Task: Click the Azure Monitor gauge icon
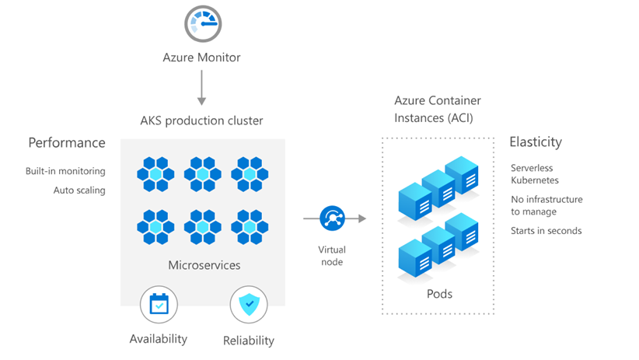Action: [202, 25]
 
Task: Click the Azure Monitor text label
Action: [201, 58]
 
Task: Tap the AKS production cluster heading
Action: [201, 121]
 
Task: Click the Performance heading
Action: [67, 143]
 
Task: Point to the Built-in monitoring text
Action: [65, 171]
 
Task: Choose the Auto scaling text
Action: [79, 190]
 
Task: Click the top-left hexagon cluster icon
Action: [155, 174]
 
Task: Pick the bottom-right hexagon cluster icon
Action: [250, 226]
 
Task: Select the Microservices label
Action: [204, 265]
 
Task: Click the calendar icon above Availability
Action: [159, 304]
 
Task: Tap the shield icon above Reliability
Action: [249, 305]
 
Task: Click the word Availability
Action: [159, 339]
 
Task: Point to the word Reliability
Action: [249, 340]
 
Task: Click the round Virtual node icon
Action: [332, 218]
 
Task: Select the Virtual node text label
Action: [331, 256]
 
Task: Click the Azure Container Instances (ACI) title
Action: [437, 110]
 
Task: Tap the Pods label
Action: [438, 294]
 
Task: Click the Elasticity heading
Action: [536, 142]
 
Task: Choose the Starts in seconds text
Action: [546, 231]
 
